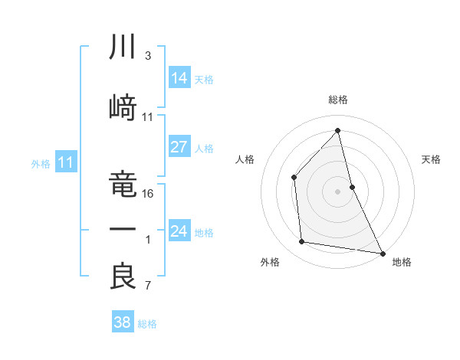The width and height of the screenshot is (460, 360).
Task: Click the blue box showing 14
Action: pyautogui.click(x=179, y=78)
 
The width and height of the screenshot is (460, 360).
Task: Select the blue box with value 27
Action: pyautogui.click(x=179, y=147)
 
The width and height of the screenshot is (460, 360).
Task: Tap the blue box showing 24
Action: pyautogui.click(x=179, y=231)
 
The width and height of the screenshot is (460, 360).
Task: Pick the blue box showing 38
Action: pyautogui.click(x=123, y=322)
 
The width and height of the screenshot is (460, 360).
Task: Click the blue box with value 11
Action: pyautogui.click(x=66, y=162)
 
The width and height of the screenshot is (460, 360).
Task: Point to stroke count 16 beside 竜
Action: pyautogui.click(x=149, y=194)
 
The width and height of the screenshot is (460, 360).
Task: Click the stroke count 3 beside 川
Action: pyautogui.click(x=147, y=56)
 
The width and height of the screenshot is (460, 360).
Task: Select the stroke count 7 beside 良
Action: pyautogui.click(x=147, y=286)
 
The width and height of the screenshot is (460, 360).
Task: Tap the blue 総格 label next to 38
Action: pyautogui.click(x=147, y=324)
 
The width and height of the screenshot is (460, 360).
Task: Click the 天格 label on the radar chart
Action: pyautogui.click(x=432, y=159)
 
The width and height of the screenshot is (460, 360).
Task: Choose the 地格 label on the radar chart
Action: pyautogui.click(x=402, y=262)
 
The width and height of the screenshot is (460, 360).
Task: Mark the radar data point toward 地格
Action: pyautogui.click(x=382, y=252)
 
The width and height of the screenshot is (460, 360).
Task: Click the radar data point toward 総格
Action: pyautogui.click(x=337, y=130)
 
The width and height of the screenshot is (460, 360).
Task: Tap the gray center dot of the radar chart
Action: pyautogui.click(x=337, y=191)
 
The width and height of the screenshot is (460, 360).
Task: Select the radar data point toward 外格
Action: pyautogui.click(x=302, y=242)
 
